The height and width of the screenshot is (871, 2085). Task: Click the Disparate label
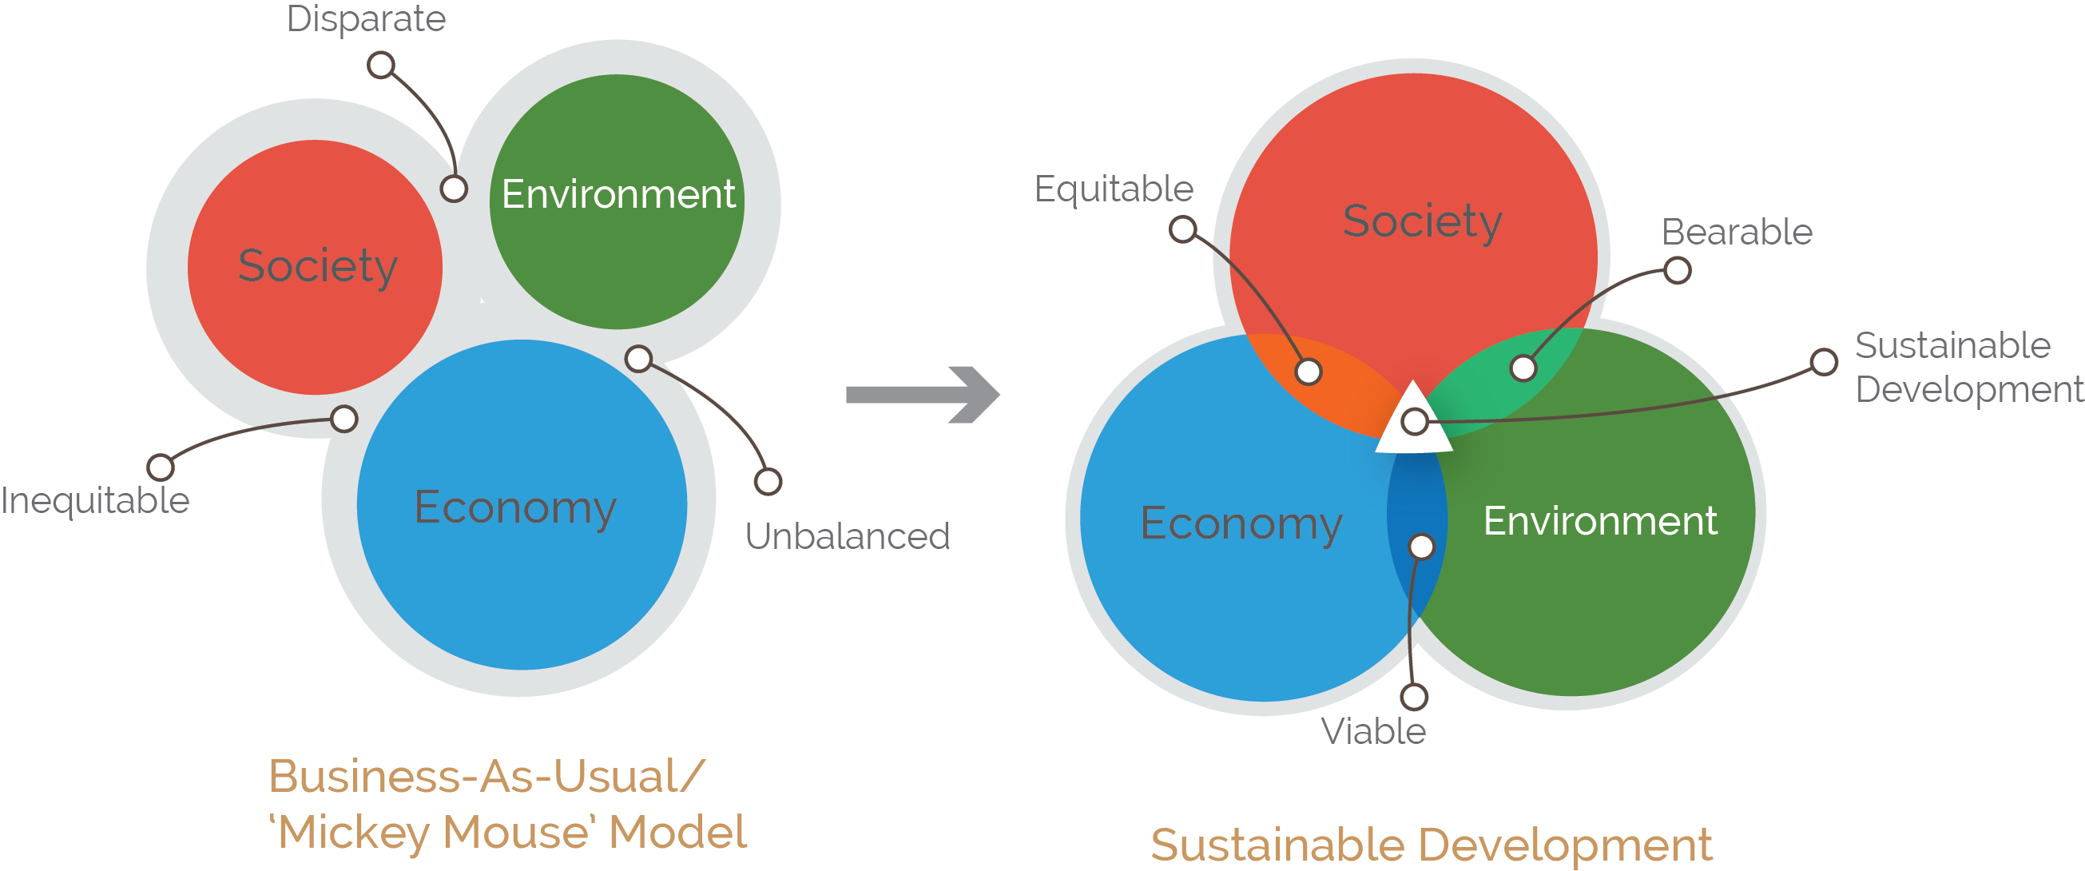366,19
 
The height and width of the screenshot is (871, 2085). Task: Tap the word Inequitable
96,500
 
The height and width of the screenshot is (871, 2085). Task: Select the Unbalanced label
847,536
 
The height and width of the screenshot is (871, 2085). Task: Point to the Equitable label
1114,189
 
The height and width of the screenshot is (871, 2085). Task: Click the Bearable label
1736,233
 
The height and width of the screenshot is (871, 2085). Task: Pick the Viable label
1372,731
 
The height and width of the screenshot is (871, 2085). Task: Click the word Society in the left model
317,265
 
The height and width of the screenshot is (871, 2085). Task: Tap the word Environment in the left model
618,194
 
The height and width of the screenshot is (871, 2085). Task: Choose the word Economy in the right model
1241,523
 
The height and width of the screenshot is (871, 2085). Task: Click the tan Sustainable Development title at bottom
1431,845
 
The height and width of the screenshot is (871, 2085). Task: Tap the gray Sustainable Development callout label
1967,368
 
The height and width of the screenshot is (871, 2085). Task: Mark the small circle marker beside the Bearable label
1677,270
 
